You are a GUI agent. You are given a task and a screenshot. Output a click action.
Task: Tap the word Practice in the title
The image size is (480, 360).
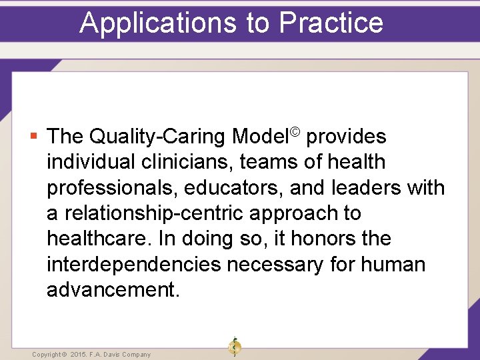coord(331,22)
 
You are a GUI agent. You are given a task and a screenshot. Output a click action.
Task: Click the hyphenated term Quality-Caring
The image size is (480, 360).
coord(158,137)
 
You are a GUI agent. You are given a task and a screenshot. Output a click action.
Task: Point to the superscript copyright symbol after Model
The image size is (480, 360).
coord(296,131)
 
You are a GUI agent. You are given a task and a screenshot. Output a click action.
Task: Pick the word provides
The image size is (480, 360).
coord(347,137)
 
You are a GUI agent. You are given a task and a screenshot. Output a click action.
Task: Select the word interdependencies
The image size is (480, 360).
coord(133,265)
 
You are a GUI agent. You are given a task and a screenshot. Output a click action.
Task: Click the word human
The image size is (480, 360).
coord(393,265)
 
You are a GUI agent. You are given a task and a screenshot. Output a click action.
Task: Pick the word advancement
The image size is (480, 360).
coord(112,290)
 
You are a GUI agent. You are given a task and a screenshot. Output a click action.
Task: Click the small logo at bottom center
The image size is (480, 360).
coord(234,347)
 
